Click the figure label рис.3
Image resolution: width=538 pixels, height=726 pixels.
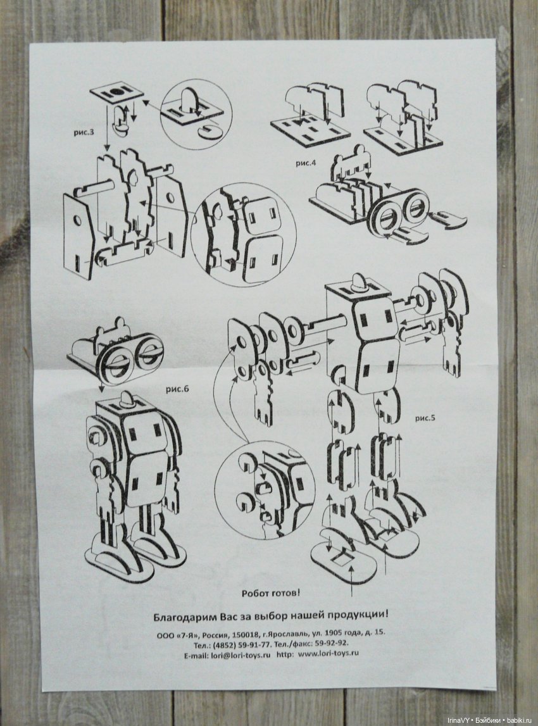tap(84, 132)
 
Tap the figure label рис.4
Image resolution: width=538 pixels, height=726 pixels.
tap(306, 163)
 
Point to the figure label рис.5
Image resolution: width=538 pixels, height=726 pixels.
tap(425, 418)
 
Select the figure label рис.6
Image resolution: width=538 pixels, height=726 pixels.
tap(177, 389)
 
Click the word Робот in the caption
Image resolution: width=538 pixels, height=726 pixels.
tap(256, 592)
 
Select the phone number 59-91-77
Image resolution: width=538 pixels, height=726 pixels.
tap(256, 643)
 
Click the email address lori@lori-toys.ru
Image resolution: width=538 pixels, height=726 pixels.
tap(241, 654)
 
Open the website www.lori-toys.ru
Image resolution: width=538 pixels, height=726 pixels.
tap(328, 653)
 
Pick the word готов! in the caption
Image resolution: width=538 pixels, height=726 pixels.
tap(287, 592)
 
